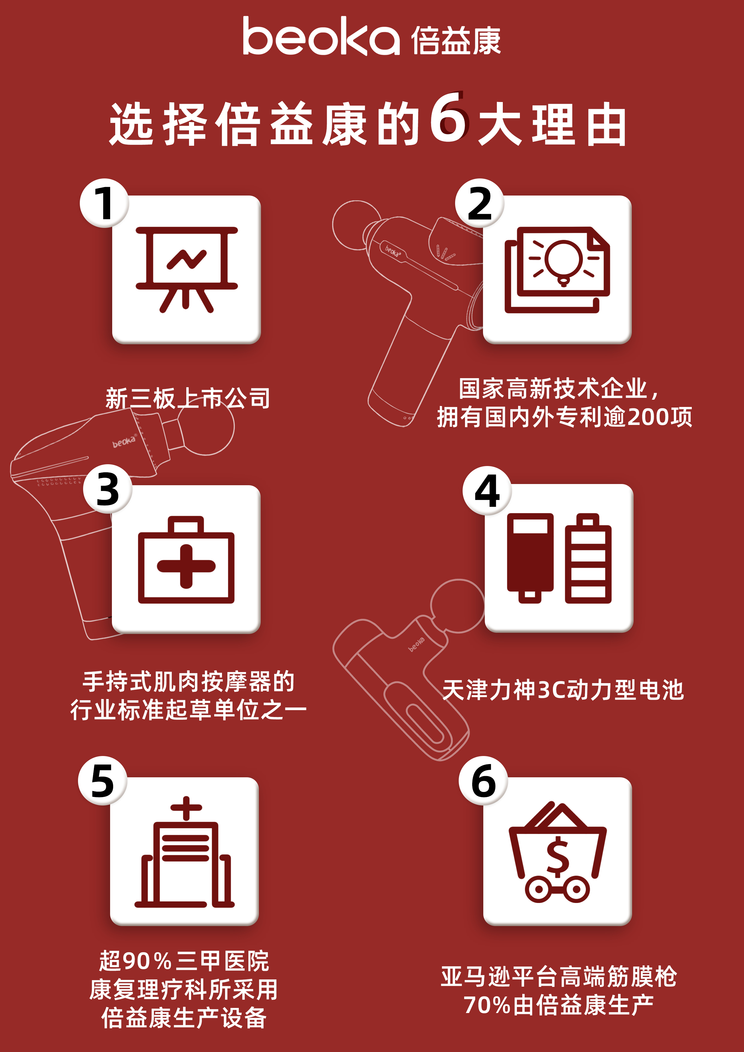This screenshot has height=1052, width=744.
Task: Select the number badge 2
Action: coord(479,203)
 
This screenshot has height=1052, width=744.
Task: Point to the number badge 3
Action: coord(108,489)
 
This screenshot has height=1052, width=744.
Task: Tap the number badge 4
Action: coord(487,491)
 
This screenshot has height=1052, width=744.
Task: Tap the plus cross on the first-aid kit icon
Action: coord(186,566)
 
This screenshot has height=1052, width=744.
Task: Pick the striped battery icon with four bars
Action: coord(588,558)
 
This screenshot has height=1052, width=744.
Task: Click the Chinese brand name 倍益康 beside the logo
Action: coord(456,40)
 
